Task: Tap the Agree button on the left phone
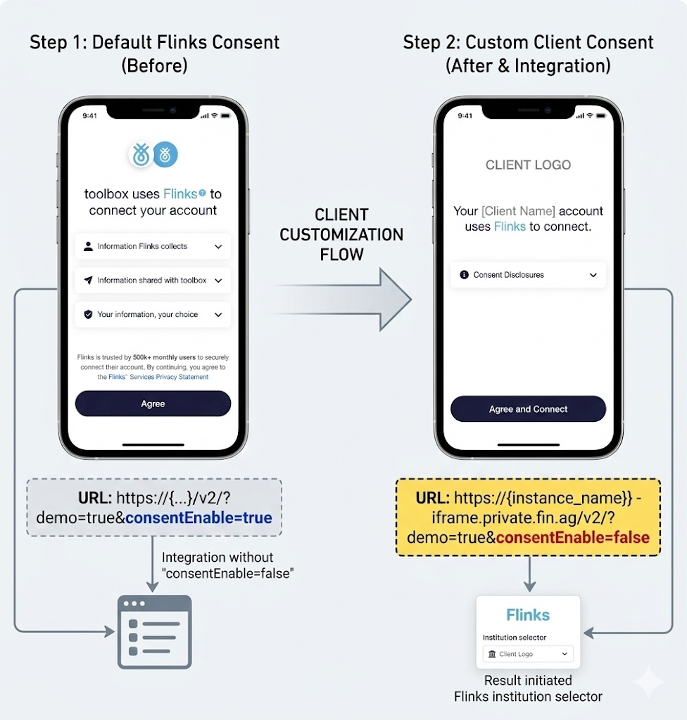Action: (153, 404)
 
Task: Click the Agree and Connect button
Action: (528, 409)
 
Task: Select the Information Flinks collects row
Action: (153, 247)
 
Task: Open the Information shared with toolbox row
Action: (153, 281)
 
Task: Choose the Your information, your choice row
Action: (153, 314)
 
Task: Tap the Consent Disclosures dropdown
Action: (528, 275)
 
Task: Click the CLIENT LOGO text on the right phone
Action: (528, 165)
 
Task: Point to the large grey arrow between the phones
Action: (345, 299)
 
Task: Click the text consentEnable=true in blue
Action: (198, 518)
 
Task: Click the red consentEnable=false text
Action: (572, 537)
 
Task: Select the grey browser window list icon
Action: (154, 631)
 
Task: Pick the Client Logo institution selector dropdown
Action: (528, 654)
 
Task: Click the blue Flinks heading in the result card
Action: (528, 615)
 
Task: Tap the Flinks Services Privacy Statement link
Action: (158, 377)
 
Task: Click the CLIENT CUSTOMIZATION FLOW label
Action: (341, 234)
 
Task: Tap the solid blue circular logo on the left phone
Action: (165, 155)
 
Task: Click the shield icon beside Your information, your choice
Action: (88, 314)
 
